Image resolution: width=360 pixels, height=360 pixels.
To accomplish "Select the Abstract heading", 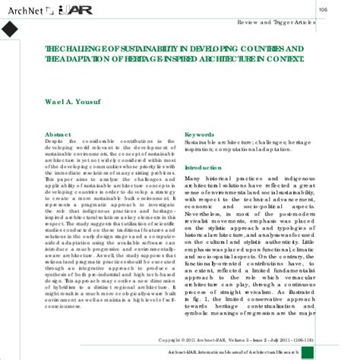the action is (x=58, y=134).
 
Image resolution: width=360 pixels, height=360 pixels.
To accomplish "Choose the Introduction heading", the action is (x=203, y=167).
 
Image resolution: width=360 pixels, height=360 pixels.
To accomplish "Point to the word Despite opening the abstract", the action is (x=55, y=141).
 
